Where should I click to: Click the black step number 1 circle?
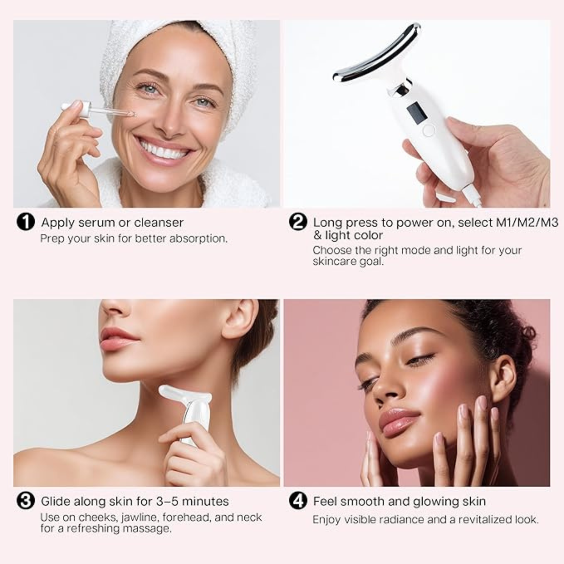click(x=26, y=222)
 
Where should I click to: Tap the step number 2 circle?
click(x=298, y=222)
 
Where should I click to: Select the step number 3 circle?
click(x=26, y=501)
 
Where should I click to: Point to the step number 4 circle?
click(x=298, y=501)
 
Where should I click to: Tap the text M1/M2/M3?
click(x=527, y=222)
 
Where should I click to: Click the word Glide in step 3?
click(x=55, y=501)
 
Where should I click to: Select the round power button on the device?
click(x=428, y=130)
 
